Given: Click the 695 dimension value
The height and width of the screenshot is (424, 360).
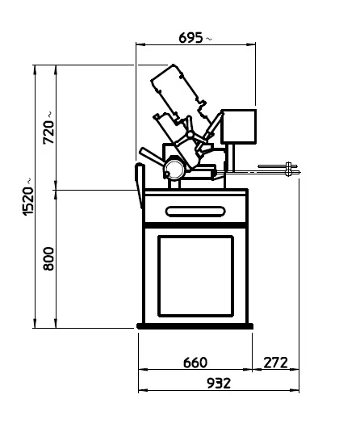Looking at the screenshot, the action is point(190,38).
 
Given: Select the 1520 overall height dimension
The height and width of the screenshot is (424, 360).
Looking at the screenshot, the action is point(28,200).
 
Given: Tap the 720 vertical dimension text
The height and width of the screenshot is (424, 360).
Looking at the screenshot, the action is point(49,132).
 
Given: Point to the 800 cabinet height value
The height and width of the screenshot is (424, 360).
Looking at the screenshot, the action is point(49,258).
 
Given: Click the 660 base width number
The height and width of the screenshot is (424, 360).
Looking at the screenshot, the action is point(195,363).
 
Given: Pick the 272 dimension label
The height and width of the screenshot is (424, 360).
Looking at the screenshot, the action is point(275,363).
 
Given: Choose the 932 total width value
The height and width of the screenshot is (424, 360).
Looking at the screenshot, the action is point(219,383).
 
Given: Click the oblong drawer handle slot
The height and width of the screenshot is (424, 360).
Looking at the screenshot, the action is point(195,212).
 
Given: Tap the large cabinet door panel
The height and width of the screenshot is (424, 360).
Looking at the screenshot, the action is point(195,276).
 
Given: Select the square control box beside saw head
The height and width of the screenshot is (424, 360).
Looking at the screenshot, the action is point(239,127).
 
